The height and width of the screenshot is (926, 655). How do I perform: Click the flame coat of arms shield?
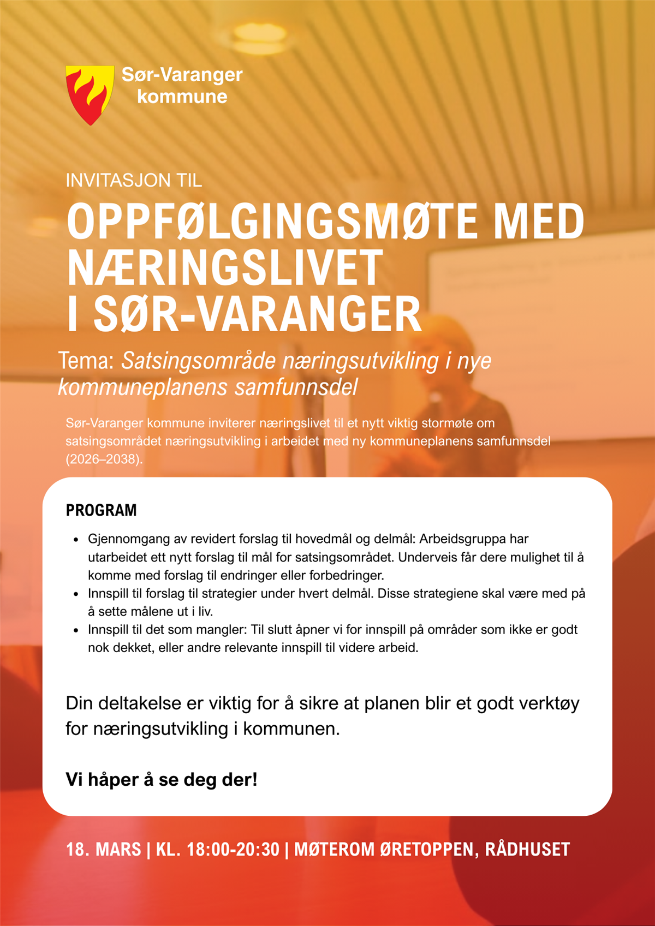click(x=90, y=94)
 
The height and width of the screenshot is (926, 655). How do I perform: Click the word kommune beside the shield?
click(x=182, y=97)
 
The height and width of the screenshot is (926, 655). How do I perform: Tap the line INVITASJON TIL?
click(x=134, y=180)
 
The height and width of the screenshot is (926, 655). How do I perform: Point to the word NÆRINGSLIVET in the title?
click(x=225, y=268)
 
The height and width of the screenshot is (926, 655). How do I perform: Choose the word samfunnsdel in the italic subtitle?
click(x=296, y=387)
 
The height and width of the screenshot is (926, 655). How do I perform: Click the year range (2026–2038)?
click(x=104, y=459)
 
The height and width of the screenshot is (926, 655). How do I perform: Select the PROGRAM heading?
click(x=102, y=510)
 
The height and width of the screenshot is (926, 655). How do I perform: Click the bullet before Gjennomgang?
click(x=76, y=540)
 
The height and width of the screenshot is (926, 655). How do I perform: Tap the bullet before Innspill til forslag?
click(x=76, y=594)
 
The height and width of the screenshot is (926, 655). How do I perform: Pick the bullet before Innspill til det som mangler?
click(x=76, y=630)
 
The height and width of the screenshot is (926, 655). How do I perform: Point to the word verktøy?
click(x=549, y=703)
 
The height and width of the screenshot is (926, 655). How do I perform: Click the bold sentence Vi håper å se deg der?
click(x=162, y=779)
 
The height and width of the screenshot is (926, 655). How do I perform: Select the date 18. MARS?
click(x=104, y=849)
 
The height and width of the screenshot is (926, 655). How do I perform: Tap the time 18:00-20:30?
click(x=233, y=849)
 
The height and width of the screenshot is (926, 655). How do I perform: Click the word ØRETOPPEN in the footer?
click(x=426, y=849)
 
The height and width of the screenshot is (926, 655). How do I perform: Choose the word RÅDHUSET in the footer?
click(x=527, y=849)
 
